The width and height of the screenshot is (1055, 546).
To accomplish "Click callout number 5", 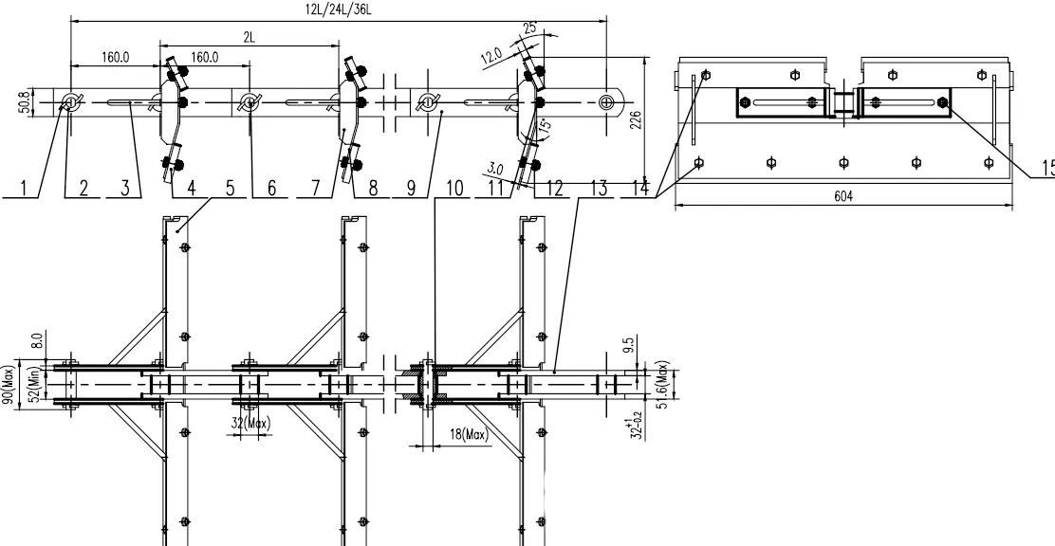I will click(x=231, y=189).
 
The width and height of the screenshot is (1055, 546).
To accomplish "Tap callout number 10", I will click(x=453, y=189).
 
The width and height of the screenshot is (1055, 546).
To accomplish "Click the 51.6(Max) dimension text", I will click(x=664, y=381).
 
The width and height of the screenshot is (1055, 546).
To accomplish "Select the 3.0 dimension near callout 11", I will click(x=493, y=169).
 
